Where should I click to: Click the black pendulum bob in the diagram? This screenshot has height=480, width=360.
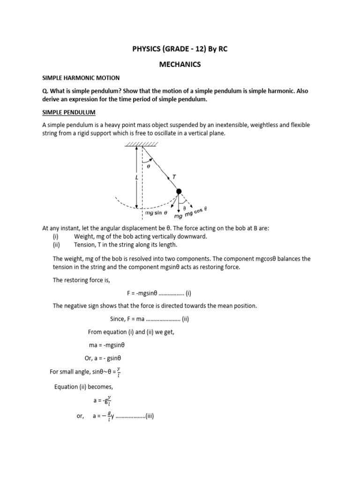pos(179,191)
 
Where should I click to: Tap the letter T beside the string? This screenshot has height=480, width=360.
pos(174,176)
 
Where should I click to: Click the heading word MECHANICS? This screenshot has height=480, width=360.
pos(180,65)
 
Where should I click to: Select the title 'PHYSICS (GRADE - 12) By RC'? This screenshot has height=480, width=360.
pos(180,50)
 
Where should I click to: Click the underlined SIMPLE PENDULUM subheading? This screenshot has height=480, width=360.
pos(69,113)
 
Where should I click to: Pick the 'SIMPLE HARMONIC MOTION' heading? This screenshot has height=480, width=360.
pos(81,78)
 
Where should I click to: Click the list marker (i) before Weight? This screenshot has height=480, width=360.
pos(56,236)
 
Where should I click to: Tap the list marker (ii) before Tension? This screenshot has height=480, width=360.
pos(57,245)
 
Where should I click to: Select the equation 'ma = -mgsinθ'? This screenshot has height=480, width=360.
pos(107,345)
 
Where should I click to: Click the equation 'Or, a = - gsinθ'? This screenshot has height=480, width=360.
pos(100,358)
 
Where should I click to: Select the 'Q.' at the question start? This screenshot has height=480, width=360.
pos(46,91)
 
